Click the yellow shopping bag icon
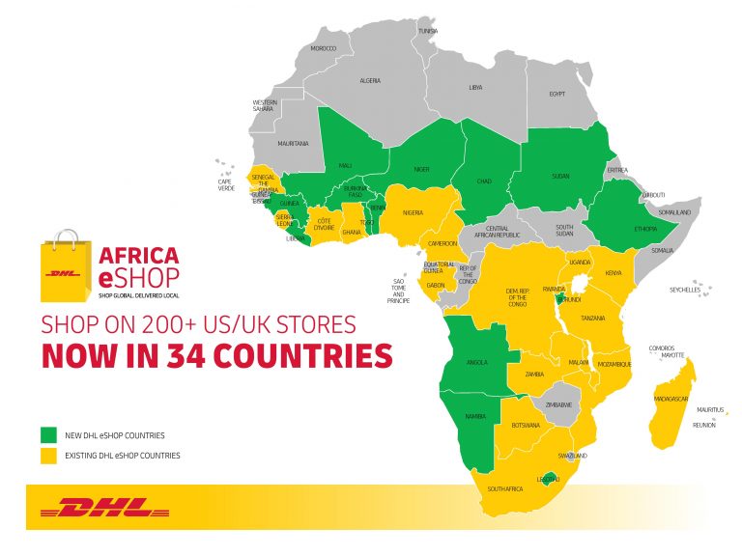(66, 264)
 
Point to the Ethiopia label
(646, 229)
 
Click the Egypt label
(556, 94)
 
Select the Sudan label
(559, 178)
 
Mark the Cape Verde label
(225, 183)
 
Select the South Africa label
(505, 488)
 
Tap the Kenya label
(614, 273)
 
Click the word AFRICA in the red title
(139, 256)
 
